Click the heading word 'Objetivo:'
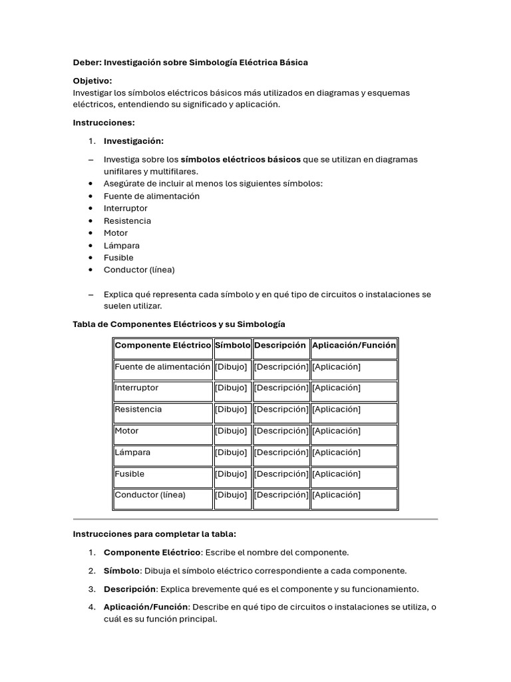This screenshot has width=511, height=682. [92, 81]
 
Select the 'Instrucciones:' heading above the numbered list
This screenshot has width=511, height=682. [104, 123]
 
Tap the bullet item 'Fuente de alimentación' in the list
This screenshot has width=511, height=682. [151, 196]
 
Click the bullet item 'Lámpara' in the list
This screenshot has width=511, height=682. [122, 245]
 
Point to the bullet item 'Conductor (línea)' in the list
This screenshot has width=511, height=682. [139, 270]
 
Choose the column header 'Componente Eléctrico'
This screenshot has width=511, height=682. [162, 345]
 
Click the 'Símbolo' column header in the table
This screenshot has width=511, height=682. [232, 345]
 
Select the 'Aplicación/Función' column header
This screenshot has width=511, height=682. [353, 345]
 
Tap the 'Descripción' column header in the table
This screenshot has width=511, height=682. [280, 345]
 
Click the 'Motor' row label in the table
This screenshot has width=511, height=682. [126, 431]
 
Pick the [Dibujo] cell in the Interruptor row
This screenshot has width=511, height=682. [231, 388]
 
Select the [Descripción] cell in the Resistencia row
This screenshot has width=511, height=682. [281, 410]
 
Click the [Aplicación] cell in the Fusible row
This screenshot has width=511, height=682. [336, 474]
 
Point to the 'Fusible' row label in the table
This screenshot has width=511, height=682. [129, 474]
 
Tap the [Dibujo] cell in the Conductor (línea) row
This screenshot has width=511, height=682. [231, 495]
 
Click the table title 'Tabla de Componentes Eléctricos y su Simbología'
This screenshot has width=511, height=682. [179, 324]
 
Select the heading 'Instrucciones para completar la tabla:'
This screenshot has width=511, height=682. [154, 534]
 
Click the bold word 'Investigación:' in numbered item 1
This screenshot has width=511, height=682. [134, 141]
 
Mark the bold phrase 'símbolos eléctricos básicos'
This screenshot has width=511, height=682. [240, 159]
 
